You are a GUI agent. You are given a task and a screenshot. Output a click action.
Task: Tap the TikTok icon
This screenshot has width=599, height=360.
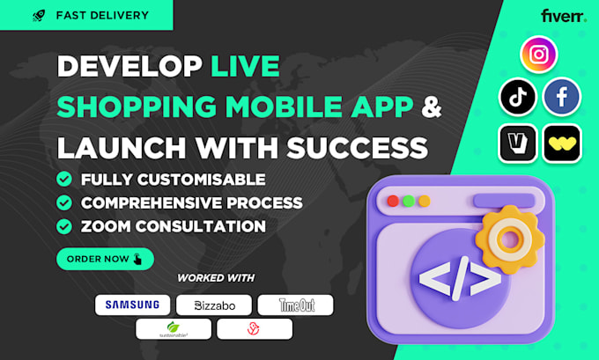coord(517,97)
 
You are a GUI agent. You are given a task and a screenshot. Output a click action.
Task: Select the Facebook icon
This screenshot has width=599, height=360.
coord(562,97)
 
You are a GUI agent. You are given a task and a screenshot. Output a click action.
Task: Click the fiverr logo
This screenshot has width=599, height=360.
coord(564,16)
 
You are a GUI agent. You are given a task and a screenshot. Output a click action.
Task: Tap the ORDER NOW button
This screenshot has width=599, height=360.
coord(105,259)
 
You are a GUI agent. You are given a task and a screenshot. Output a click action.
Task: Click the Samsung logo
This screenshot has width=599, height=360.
coord(132,305)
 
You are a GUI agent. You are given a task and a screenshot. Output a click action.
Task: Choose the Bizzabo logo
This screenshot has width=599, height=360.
coord(213,305)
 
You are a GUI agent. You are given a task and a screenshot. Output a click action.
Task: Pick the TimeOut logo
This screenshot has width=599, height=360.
coord(295,305)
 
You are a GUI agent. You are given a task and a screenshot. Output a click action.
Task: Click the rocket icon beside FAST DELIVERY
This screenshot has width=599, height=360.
coord(38,15)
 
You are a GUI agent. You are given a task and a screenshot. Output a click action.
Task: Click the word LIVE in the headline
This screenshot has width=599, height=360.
coord(246,66)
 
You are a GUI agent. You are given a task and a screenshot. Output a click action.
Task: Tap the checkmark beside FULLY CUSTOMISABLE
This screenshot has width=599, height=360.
coord(64,180)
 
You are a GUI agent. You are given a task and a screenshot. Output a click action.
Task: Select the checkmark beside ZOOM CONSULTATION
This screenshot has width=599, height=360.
coord(64,226)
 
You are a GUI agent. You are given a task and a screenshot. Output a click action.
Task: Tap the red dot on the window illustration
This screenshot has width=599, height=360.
coord(393,200)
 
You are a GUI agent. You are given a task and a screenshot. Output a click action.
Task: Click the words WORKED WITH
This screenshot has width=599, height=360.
coord(216,278)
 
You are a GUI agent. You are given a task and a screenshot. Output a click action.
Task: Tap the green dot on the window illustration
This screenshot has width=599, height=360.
coord(409,200)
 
